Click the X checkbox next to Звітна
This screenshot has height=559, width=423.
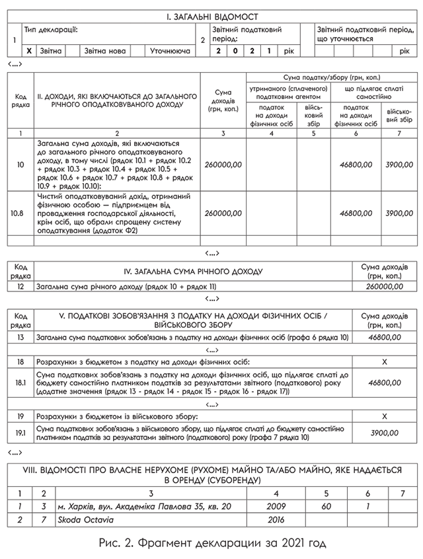tap(29, 51)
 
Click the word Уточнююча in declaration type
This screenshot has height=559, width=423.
tap(170, 51)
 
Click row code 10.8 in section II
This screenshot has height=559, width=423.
tap(20, 213)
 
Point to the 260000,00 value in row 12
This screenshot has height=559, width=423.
tap(385, 287)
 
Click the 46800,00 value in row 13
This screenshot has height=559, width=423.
tap(385, 337)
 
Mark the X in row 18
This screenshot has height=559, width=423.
tap(385, 362)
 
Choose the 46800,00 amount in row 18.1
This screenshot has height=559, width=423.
tap(385, 383)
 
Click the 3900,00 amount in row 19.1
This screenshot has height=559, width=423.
tap(385, 433)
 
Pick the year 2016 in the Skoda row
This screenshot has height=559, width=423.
tap(276, 520)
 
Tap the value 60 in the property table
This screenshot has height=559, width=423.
tap(327, 506)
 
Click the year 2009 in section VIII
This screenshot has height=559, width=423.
tap(276, 506)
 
